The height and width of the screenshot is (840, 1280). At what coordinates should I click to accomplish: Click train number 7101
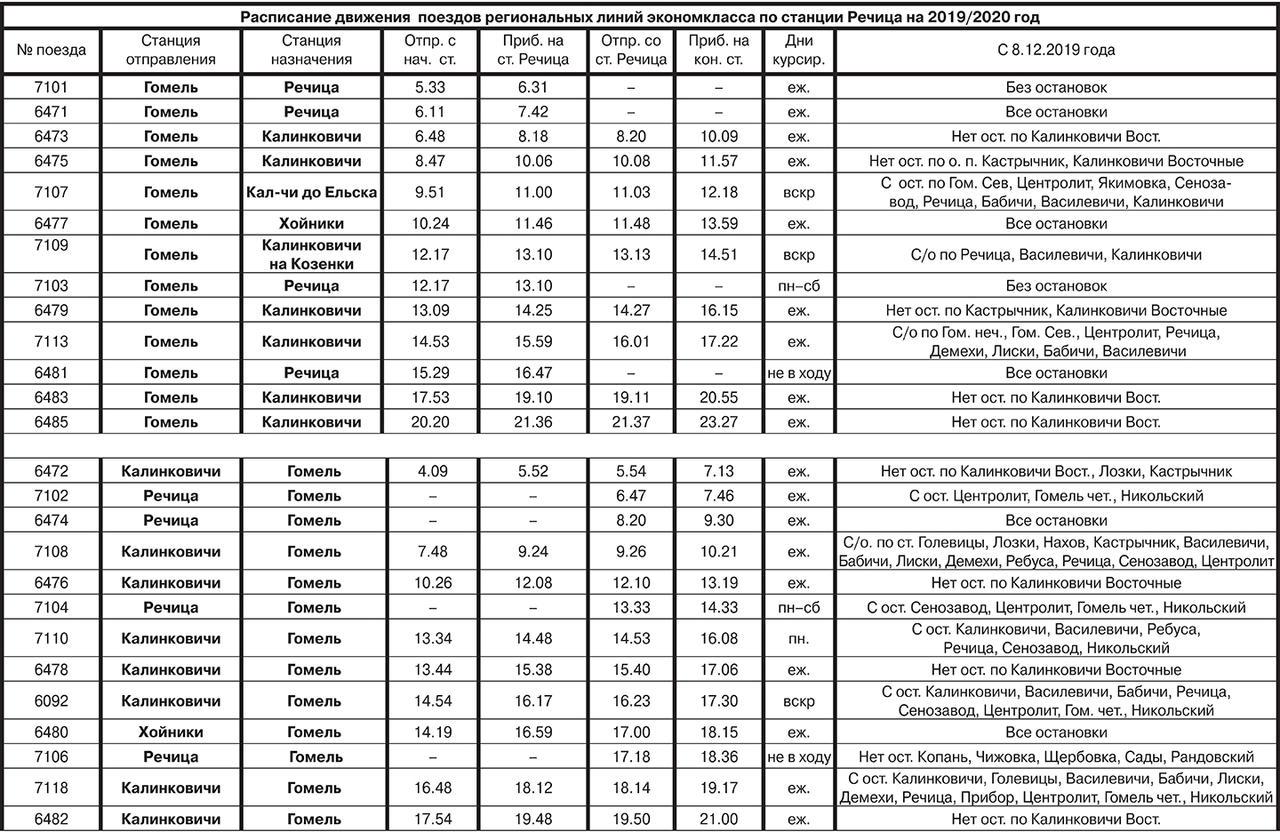point(50,87)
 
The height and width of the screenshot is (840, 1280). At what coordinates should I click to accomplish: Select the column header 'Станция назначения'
point(310,50)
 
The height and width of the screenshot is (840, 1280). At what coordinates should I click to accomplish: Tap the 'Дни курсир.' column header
point(798,50)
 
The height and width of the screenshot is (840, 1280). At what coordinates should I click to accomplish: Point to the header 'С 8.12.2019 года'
point(1056,50)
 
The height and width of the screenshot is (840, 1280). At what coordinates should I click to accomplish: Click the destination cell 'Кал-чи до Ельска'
point(310,192)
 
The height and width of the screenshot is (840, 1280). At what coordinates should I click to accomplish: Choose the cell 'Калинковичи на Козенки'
point(310,254)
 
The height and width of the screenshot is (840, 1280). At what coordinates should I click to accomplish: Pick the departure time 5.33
point(429,87)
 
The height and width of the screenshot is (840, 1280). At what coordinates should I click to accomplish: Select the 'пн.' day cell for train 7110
point(798,638)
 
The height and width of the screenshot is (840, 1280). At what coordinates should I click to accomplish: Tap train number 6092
point(50,700)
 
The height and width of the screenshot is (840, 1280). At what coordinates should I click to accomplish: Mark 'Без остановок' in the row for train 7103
point(1056,286)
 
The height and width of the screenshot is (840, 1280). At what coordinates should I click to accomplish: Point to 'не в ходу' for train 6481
point(798,373)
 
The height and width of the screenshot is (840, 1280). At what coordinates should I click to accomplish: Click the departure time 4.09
point(429,472)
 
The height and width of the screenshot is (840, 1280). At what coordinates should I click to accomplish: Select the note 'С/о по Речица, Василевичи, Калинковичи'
point(1056,255)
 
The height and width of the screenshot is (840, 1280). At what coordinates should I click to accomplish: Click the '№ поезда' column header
point(50,50)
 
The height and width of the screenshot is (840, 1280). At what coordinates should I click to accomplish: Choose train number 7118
point(50,788)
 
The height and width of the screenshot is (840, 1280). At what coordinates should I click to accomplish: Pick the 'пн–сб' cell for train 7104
point(798,607)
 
